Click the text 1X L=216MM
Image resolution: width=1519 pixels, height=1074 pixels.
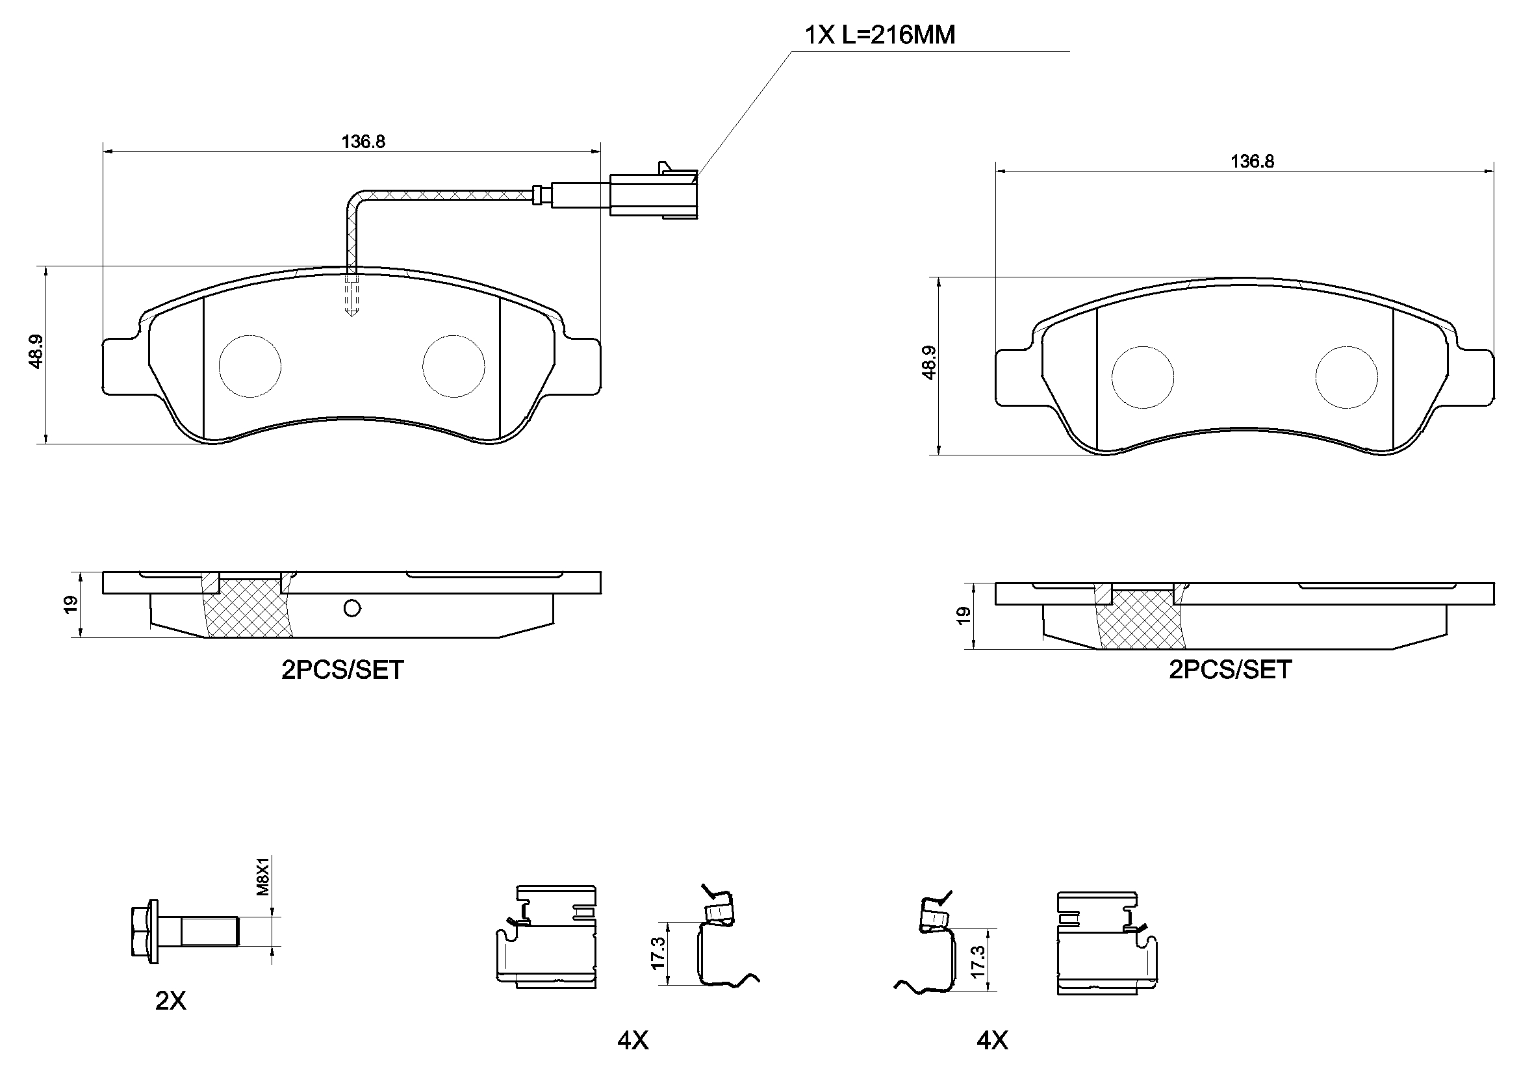pos(879,34)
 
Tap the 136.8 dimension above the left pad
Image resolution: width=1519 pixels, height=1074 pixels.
pos(363,142)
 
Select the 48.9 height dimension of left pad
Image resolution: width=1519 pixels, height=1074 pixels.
pos(36,352)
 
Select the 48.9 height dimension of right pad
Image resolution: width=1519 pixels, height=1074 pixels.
pos(929,363)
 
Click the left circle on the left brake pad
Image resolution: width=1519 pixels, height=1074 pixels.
pos(249,366)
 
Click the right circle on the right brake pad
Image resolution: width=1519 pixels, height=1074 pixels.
pos(1346,377)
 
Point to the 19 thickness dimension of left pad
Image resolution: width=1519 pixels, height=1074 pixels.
pos(71,604)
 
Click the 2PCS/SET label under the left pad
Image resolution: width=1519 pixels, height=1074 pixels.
pos(342,671)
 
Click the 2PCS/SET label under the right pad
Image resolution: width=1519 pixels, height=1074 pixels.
pos(1230,670)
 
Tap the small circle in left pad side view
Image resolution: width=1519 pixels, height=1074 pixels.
pos(352,608)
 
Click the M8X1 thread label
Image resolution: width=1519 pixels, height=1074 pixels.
pos(263,876)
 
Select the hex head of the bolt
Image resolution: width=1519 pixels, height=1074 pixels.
pos(142,931)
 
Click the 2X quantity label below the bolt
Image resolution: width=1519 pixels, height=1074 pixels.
pos(171,1001)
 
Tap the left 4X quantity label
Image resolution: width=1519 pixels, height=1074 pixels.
pos(632,1041)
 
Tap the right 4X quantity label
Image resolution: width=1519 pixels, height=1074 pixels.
pos(991,1041)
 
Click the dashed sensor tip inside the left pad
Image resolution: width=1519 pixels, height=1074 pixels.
pos(351,298)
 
